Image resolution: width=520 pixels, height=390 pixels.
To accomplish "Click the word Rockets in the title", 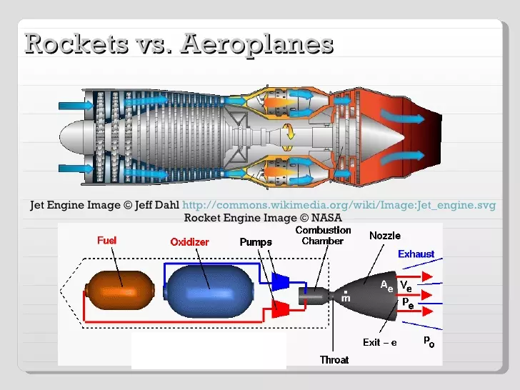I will (x=72, y=44).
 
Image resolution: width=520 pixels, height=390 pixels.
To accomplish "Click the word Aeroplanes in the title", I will (x=256, y=44).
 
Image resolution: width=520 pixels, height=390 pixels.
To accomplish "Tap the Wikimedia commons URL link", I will (x=339, y=205).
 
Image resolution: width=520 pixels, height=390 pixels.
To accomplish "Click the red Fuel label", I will (x=107, y=241).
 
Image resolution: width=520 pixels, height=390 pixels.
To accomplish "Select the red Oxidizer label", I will (x=189, y=242).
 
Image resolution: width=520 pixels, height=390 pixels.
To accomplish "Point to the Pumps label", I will (x=256, y=242).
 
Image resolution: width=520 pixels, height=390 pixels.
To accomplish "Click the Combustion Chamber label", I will (x=323, y=236).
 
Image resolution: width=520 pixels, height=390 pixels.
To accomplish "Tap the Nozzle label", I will (x=384, y=236).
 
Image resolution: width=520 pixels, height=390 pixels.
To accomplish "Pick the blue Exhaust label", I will (x=416, y=254).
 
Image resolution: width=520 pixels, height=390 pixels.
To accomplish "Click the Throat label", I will (x=334, y=359).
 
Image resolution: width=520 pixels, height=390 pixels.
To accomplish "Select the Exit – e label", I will (x=380, y=342).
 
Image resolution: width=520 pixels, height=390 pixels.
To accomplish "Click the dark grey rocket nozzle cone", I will (x=371, y=293).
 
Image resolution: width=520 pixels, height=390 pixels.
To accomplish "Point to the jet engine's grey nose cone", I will (x=75, y=136).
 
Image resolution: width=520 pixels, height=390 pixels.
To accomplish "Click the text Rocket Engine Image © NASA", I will (x=263, y=218).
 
